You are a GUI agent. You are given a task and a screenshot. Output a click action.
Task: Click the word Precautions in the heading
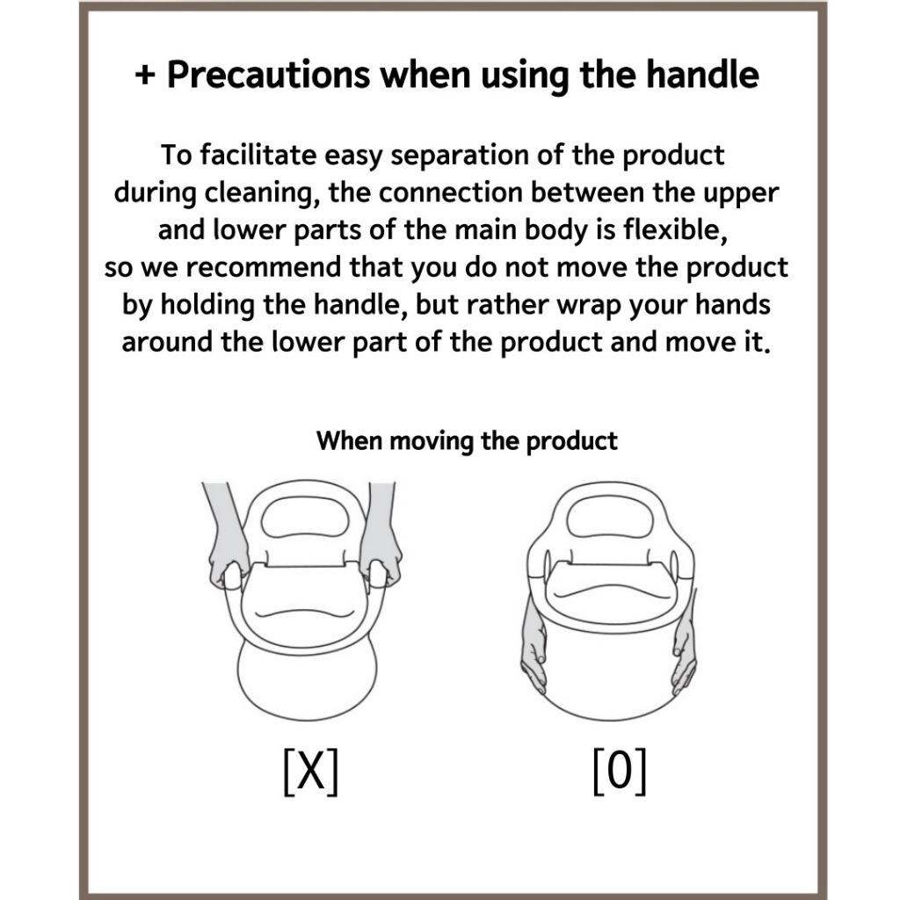pyautogui.click(x=268, y=75)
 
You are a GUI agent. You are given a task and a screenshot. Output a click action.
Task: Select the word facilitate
pyautogui.click(x=258, y=155)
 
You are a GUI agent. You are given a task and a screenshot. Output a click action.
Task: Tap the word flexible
pyautogui.click(x=676, y=229)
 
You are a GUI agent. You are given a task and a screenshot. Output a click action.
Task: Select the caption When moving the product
pyautogui.click(x=467, y=441)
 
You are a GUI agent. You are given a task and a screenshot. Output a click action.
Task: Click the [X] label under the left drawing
pyautogui.click(x=311, y=772)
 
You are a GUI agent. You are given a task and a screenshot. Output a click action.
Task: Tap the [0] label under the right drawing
pyautogui.click(x=620, y=772)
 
